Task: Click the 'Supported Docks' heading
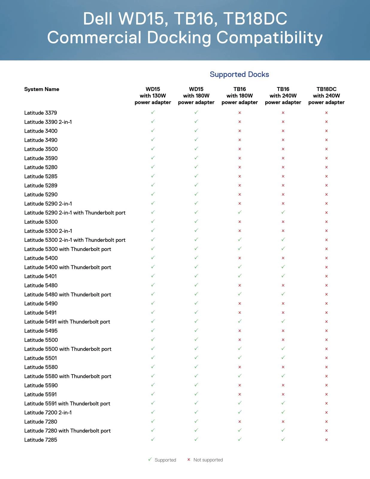pyautogui.click(x=239, y=74)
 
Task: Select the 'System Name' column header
pyautogui.click(x=42, y=89)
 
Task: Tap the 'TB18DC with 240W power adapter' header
pyautogui.click(x=326, y=96)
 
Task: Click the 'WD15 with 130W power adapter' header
pyautogui.click(x=153, y=96)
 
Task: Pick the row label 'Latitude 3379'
pyautogui.click(x=40, y=113)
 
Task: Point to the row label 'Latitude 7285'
pyautogui.click(x=40, y=440)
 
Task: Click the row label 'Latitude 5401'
pyautogui.click(x=40, y=276)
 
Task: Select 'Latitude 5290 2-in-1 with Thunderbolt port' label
pyautogui.click(x=75, y=213)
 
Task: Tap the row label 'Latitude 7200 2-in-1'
pyautogui.click(x=48, y=413)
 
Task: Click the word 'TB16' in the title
pyautogui.click(x=194, y=19)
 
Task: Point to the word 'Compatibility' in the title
pyautogui.click(x=269, y=38)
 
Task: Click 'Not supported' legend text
pyautogui.click(x=208, y=460)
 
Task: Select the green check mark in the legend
pyautogui.click(x=150, y=459)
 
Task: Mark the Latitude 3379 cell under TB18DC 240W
pyautogui.click(x=326, y=113)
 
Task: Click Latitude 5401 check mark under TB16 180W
pyautogui.click(x=240, y=276)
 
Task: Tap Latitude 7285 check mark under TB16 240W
pyautogui.click(x=283, y=439)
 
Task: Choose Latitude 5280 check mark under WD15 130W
pyautogui.click(x=153, y=167)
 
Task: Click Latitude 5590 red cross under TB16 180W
pyautogui.click(x=240, y=385)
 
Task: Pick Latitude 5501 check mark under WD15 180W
pyautogui.click(x=196, y=357)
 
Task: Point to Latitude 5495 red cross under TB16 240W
pyautogui.click(x=283, y=331)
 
